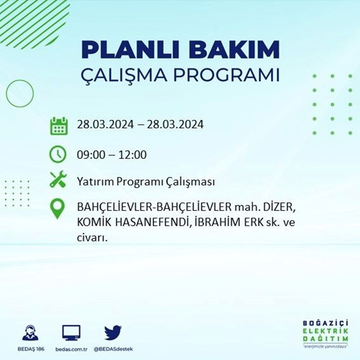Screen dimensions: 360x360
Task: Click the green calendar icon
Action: (58, 126)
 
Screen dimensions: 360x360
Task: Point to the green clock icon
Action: (58, 155)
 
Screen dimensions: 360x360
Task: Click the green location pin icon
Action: (58, 210)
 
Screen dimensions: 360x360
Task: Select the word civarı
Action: (92, 238)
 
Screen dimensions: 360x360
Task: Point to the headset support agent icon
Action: (30, 333)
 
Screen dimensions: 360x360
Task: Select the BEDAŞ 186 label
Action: (30, 350)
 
